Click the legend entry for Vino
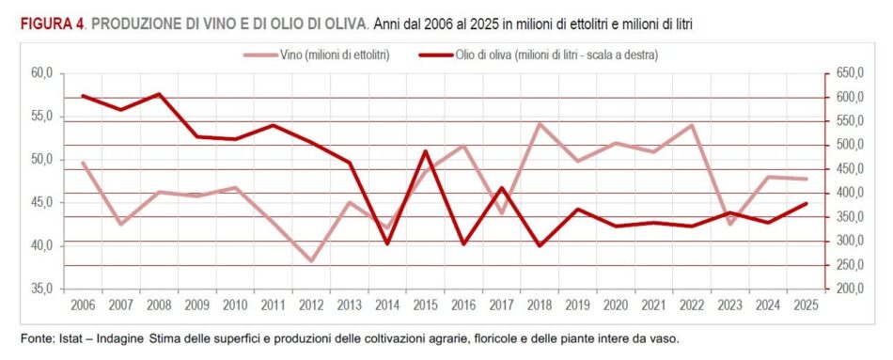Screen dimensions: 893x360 tap(316, 55)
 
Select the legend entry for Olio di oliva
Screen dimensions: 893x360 tap(539, 55)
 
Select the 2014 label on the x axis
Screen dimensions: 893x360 tap(387, 305)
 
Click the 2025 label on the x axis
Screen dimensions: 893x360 tap(806, 305)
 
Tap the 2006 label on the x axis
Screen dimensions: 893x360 tap(83, 305)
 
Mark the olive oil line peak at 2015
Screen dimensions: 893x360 tap(426, 151)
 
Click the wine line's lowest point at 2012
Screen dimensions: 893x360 tap(311, 261)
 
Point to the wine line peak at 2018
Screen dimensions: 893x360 tap(540, 124)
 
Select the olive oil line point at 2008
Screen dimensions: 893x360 tap(159, 94)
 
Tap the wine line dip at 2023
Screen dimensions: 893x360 tap(729, 224)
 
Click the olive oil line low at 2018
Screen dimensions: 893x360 tap(540, 245)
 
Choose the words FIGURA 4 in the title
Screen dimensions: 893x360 tap(53, 24)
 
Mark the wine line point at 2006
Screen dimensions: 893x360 tap(83, 163)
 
